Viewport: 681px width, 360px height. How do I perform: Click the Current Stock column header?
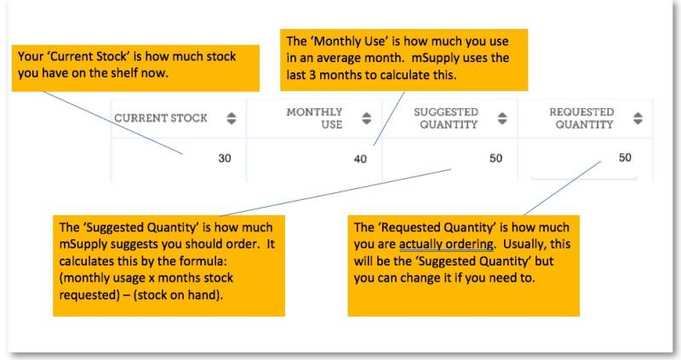(161, 118)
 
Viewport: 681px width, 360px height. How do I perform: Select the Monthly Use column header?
(314, 118)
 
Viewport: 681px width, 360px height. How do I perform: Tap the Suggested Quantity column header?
(445, 118)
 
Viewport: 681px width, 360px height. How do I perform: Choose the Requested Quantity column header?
(581, 118)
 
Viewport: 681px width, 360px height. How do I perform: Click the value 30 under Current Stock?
(225, 158)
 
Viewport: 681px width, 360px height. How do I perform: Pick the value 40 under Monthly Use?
(360, 158)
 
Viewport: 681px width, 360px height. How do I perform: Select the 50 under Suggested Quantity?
(495, 158)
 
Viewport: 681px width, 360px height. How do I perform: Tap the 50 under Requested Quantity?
(625, 157)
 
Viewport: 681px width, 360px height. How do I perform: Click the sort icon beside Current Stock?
(231, 119)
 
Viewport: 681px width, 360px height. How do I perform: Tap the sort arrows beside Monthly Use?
(366, 119)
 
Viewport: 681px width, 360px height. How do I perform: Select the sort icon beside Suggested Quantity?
(501, 119)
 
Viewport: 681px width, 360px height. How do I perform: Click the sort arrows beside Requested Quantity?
(636, 119)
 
